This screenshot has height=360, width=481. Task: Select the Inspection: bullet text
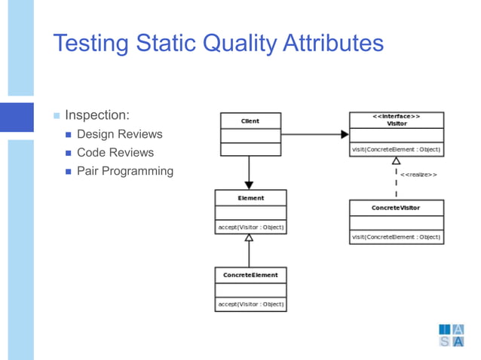pyautogui.click(x=97, y=115)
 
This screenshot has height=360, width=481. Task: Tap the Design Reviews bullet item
pyautogui.click(x=119, y=135)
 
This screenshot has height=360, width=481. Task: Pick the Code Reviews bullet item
pyautogui.click(x=115, y=153)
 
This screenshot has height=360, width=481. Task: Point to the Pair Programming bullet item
pyautogui.click(x=125, y=171)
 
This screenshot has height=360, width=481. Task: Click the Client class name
pyautogui.click(x=250, y=121)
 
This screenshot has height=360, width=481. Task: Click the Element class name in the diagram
pyautogui.click(x=250, y=198)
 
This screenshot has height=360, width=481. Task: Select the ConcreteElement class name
pyautogui.click(x=250, y=276)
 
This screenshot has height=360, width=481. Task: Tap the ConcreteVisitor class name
pyautogui.click(x=396, y=207)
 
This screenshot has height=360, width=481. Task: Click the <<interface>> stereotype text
pyautogui.click(x=396, y=117)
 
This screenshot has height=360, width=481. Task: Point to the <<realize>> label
pyautogui.click(x=418, y=175)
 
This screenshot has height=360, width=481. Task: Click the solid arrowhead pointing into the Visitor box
pyautogui.click(x=345, y=135)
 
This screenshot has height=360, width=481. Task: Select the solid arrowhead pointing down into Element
pyautogui.click(x=250, y=185)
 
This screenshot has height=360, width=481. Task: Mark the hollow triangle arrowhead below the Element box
pyautogui.click(x=250, y=238)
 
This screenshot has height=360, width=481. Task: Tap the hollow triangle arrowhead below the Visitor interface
pyautogui.click(x=396, y=160)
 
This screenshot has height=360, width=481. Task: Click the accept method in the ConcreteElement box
pyautogui.click(x=250, y=304)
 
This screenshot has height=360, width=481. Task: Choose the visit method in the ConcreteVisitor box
pyautogui.click(x=396, y=237)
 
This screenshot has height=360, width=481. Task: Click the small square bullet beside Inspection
pyautogui.click(x=57, y=116)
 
